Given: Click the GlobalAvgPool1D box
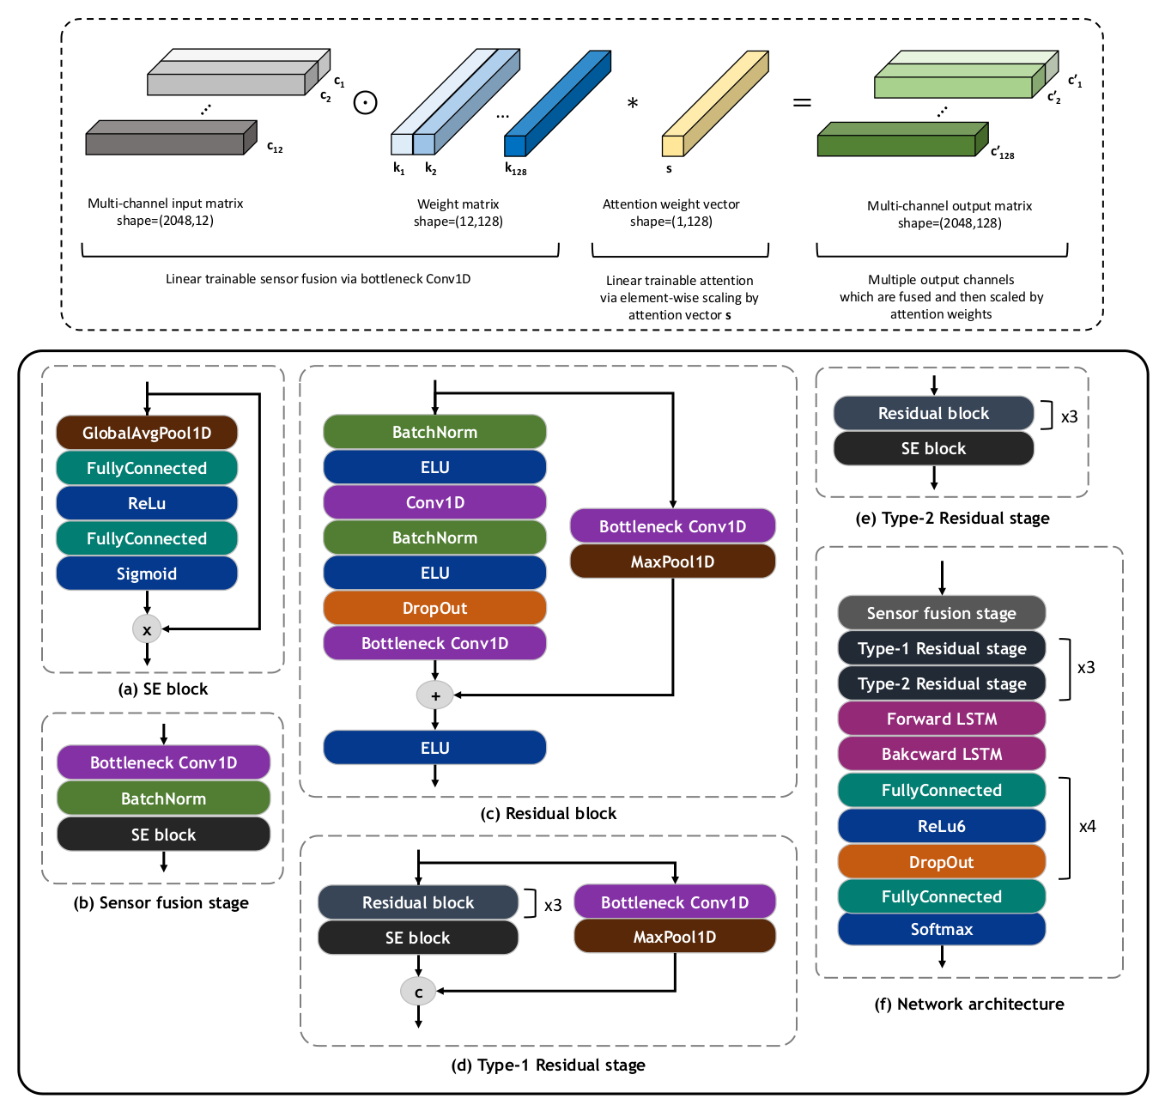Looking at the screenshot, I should pos(147,433).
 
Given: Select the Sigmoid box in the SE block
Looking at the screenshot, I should pos(147,574).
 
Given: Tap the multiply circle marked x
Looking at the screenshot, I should pos(147,629).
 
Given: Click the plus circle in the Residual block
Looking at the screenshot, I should pos(435,695).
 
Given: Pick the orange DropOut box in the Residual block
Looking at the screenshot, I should pos(434,608).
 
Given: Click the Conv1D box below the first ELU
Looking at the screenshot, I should pos(434,502).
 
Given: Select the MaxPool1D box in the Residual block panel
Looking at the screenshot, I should pos(672,562).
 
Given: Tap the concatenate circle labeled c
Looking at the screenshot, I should pos(418,992).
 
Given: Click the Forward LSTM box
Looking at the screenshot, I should pos(942,719).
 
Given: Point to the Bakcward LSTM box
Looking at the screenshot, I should pos(942,754).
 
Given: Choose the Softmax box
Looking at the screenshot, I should pos(942,929).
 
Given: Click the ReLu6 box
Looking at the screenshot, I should pos(942,826).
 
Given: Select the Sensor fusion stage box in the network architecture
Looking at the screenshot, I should pos(942,613).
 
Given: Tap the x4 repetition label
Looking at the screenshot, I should pos(1087,826).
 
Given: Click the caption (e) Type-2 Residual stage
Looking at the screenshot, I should pos(952,518).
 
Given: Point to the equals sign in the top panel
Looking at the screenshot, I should pos(802,103).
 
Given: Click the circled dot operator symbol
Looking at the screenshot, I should pos(366,103).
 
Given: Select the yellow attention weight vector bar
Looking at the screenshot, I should pos(715,103).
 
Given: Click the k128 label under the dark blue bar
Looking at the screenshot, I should pos(515,169).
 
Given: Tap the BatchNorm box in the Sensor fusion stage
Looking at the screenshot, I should pos(163,798).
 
